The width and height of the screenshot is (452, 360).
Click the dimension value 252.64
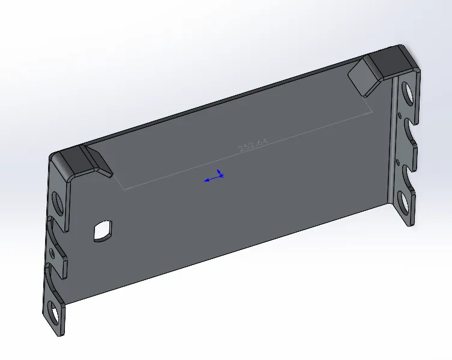click(253, 145)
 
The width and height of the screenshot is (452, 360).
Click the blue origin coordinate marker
click(214, 176)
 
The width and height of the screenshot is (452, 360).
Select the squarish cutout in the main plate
click(103, 231)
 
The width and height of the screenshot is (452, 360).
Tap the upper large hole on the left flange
click(58, 203)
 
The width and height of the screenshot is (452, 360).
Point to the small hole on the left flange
click(52, 253)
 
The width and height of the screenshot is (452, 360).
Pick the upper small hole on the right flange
click(400, 115)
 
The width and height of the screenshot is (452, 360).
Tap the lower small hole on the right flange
click(399, 162)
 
